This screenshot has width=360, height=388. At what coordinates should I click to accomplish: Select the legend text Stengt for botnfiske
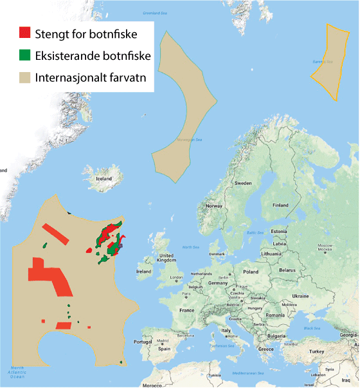pyautogui.click(x=85, y=32)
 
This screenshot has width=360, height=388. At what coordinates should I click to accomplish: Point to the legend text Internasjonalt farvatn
pyautogui.click(x=92, y=79)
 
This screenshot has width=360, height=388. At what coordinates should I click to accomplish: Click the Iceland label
pyautogui.click(x=104, y=180)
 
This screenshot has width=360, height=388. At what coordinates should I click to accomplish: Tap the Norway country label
pyautogui.click(x=213, y=206)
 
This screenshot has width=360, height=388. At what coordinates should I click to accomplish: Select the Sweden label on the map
pyautogui.click(x=243, y=183)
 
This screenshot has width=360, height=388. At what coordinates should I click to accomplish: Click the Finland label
pyautogui.click(x=281, y=205)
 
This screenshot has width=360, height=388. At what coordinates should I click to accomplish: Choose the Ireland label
pyautogui.click(x=144, y=272)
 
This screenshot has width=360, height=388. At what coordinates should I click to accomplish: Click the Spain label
pyautogui.click(x=165, y=348)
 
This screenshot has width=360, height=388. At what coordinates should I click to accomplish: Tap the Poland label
pyautogui.click(x=250, y=272)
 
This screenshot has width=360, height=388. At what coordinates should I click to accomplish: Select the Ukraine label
pyautogui.click(x=300, y=295)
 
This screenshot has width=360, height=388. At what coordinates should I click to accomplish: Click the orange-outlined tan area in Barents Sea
pyautogui.click(x=329, y=61)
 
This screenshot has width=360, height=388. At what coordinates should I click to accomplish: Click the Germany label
pyautogui.click(x=218, y=282)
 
